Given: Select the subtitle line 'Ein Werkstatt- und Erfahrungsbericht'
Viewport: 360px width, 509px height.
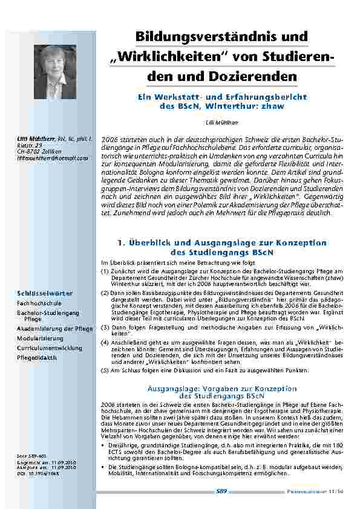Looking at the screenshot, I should (x=222, y=97).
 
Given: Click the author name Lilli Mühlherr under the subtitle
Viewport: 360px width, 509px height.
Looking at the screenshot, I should (x=222, y=122).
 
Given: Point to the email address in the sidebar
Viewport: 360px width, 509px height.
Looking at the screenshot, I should (x=53, y=158).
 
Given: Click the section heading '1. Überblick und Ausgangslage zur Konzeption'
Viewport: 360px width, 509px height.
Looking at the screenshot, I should (x=222, y=242).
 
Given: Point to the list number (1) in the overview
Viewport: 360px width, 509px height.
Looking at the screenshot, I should (x=105, y=272).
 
